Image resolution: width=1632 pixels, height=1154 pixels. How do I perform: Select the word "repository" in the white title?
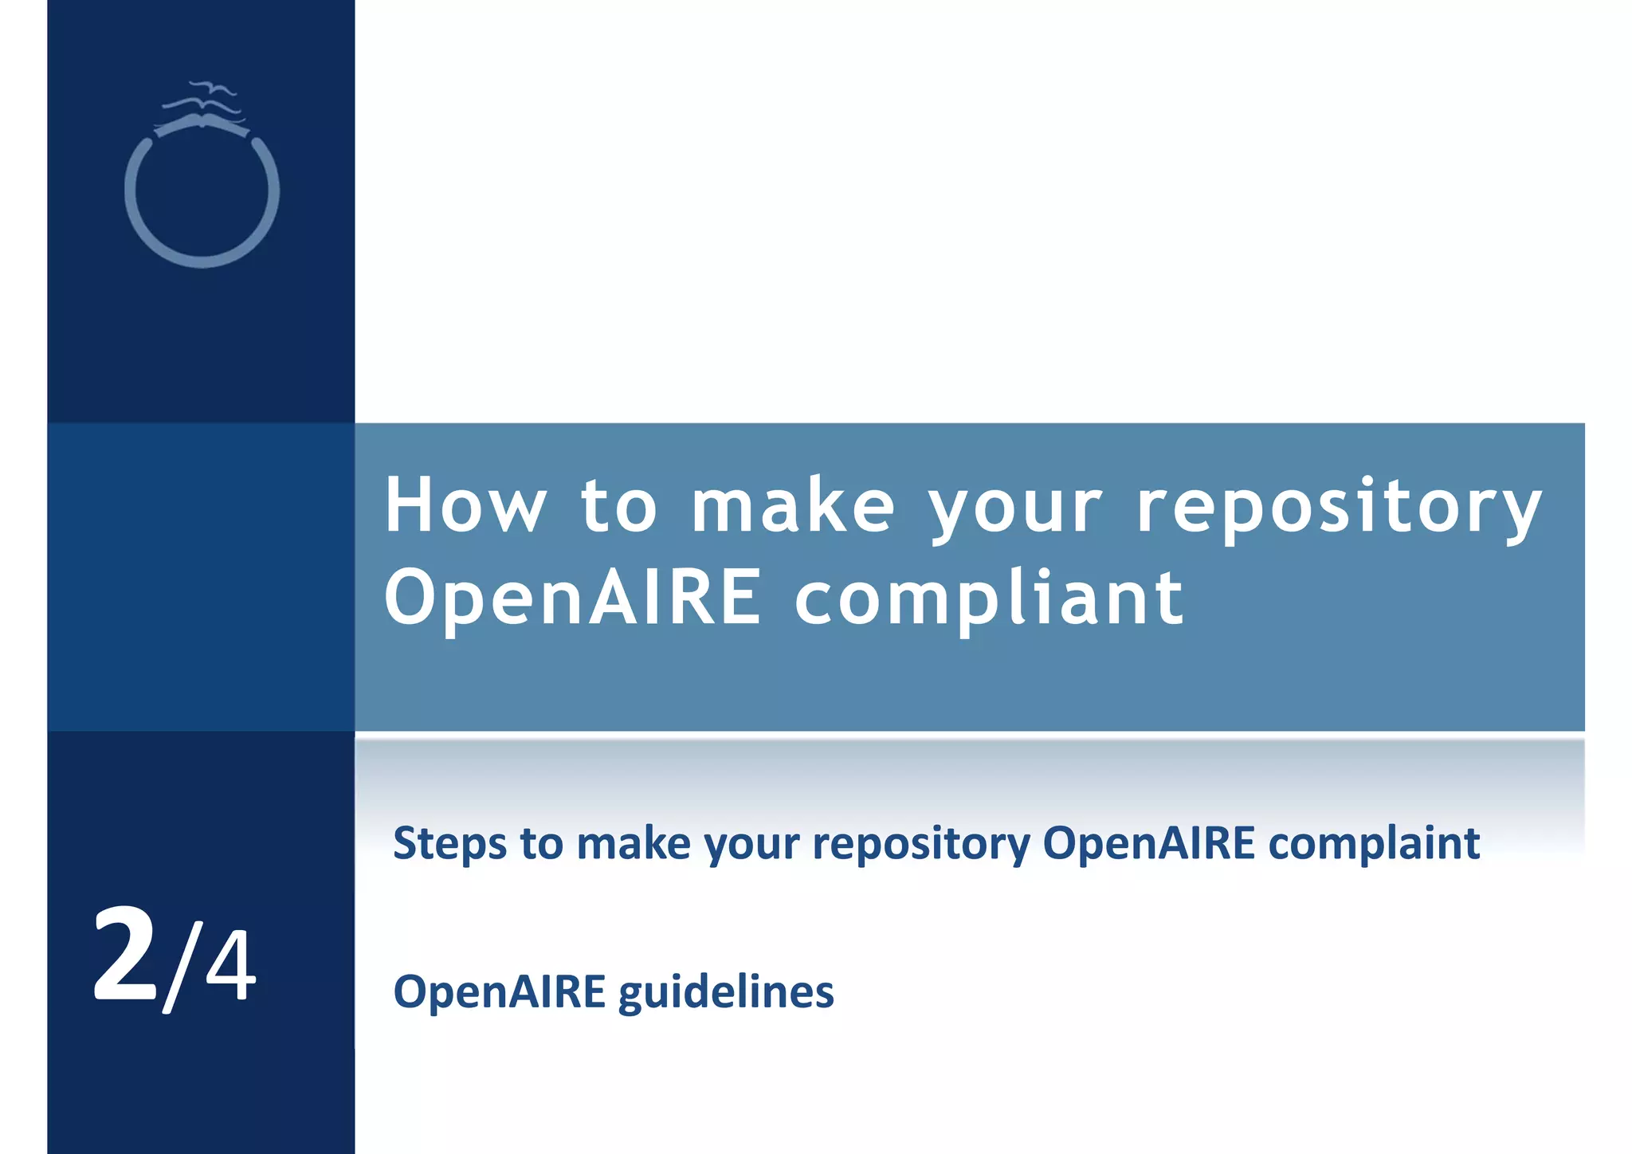[x=1339, y=507]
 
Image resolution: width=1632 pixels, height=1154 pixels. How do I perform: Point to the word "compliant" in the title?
[x=989, y=599]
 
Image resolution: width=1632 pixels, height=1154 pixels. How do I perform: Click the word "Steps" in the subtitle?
[x=449, y=844]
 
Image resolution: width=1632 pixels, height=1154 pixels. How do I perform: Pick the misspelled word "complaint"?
[x=1374, y=844]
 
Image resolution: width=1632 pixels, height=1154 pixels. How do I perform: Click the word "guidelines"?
[x=726, y=993]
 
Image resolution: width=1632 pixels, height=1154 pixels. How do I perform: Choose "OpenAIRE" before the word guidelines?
[x=500, y=993]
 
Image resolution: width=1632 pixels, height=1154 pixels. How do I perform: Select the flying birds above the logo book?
[x=203, y=96]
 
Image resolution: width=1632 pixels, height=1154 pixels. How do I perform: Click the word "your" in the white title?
[x=1015, y=507]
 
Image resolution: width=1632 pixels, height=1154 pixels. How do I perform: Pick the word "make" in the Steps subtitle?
[x=634, y=844]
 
